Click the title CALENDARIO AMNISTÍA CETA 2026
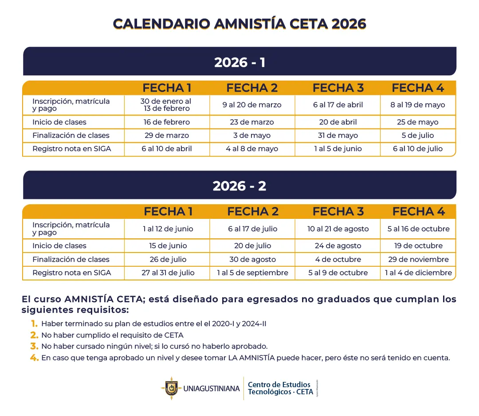click(x=239, y=23)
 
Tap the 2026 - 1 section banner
click(x=239, y=62)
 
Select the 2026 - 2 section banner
click(x=239, y=186)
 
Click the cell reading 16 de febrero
click(x=167, y=122)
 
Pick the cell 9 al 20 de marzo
click(x=252, y=105)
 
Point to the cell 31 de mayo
click(x=338, y=136)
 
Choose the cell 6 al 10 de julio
click(x=418, y=149)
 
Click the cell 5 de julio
click(x=418, y=136)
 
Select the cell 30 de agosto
click(x=252, y=260)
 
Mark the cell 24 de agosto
click(x=338, y=246)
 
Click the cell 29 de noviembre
click(x=418, y=260)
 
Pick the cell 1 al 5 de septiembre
click(x=252, y=273)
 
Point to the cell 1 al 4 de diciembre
click(x=418, y=273)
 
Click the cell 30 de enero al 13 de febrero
click(x=166, y=105)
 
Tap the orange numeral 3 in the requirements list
click(x=34, y=346)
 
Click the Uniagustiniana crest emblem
click(x=170, y=389)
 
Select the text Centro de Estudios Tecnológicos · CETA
click(x=280, y=388)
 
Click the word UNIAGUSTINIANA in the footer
click(x=211, y=389)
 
